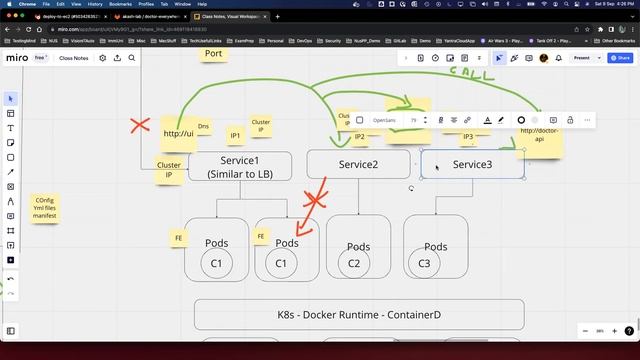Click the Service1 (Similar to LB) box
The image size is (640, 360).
click(x=239, y=166)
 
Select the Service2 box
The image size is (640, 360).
click(x=358, y=164)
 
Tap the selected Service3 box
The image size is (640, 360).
click(x=472, y=164)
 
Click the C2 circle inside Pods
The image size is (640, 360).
click(x=354, y=263)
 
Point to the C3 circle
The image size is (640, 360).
click(x=424, y=263)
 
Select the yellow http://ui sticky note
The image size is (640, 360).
click(x=178, y=133)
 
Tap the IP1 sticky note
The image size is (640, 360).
click(x=236, y=135)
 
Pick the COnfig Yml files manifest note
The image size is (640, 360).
click(x=45, y=208)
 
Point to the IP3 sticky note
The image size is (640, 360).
click(x=468, y=136)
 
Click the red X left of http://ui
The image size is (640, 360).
click(x=139, y=126)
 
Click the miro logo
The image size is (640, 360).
click(x=17, y=58)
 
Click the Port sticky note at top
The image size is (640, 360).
click(x=213, y=53)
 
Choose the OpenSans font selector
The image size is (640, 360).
click(x=384, y=120)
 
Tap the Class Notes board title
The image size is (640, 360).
click(x=74, y=58)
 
